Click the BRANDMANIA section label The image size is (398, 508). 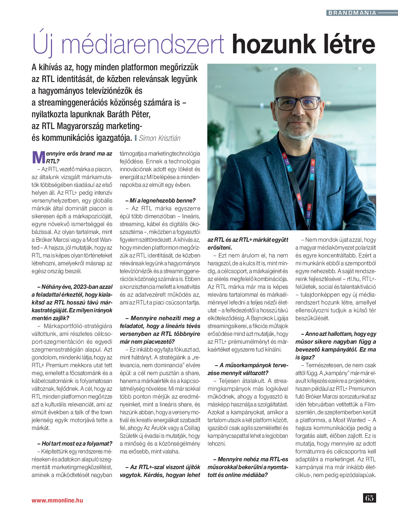[x=352, y=13]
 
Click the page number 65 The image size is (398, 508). [x=369, y=498]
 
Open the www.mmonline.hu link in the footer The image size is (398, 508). [x=57, y=500]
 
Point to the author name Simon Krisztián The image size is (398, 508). [x=160, y=138]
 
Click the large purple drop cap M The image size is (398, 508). [x=39, y=157]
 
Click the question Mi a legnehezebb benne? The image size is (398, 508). [x=160, y=201]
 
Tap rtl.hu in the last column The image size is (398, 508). [x=353, y=279]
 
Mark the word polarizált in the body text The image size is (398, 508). [x=364, y=248]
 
